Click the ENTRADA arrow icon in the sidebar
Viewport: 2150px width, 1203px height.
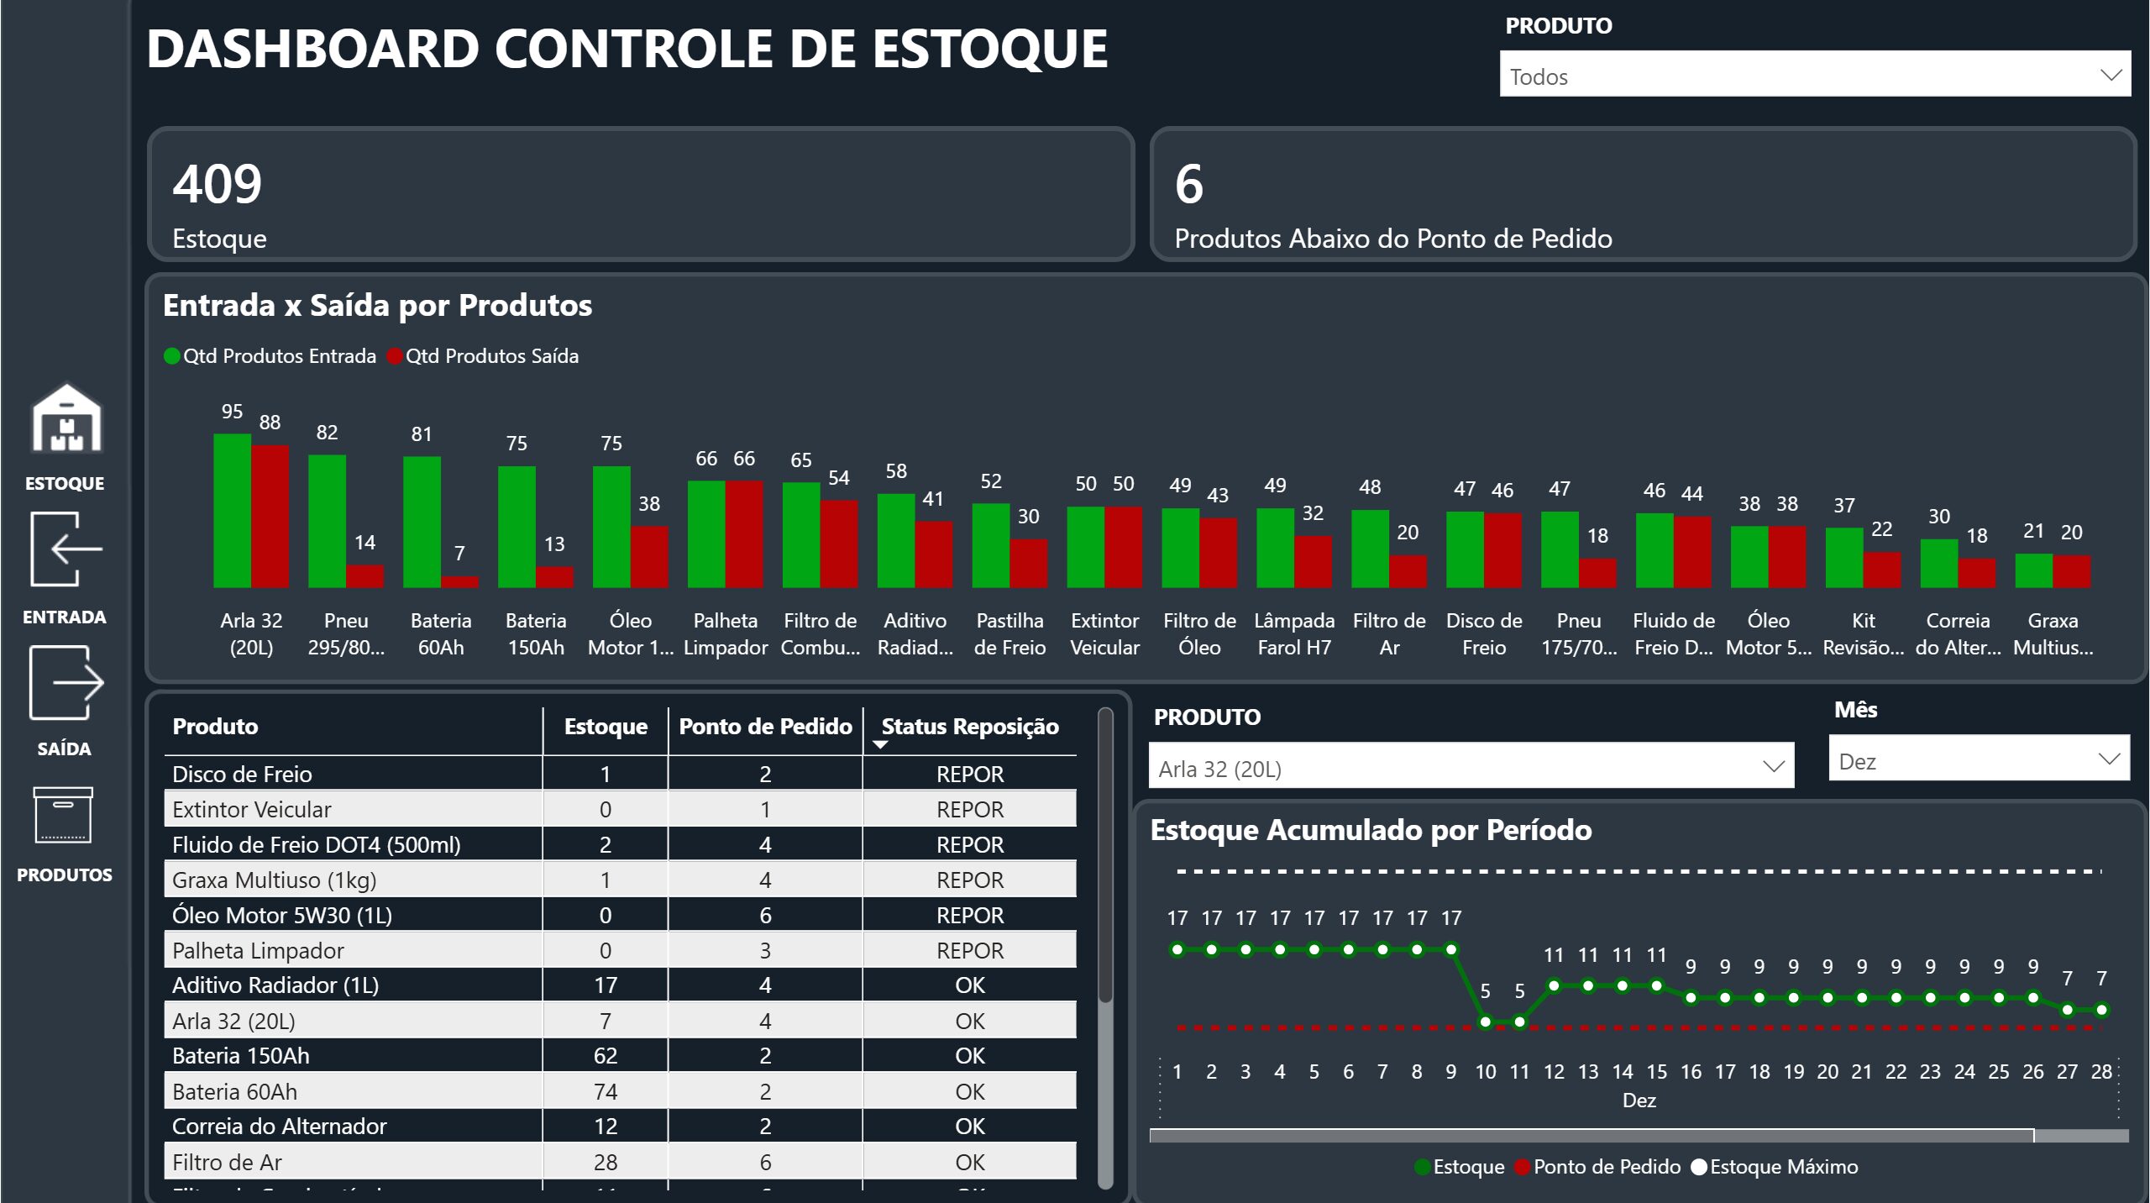(x=66, y=549)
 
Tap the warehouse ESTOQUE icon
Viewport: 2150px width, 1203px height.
(x=66, y=419)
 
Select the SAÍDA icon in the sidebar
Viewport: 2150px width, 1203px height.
(x=66, y=682)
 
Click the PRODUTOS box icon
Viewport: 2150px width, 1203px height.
(x=63, y=815)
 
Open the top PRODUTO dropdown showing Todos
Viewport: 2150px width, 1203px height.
(x=1814, y=76)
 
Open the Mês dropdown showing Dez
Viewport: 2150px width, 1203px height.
(x=1978, y=760)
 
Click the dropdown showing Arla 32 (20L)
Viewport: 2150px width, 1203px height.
(x=1471, y=768)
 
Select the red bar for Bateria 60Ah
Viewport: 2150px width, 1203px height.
(x=459, y=581)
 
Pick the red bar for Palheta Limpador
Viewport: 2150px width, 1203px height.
(x=744, y=534)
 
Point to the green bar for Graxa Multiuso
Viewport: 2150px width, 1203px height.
(x=2033, y=571)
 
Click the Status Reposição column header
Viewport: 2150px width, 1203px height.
(x=969, y=727)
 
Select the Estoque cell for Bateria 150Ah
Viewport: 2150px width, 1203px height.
(x=605, y=1056)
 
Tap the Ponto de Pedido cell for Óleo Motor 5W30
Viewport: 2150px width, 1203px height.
(x=764, y=915)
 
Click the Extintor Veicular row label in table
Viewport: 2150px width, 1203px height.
(x=252, y=810)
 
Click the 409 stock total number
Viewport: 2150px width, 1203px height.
(x=218, y=184)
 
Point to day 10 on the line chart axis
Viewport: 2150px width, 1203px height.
(x=1485, y=1072)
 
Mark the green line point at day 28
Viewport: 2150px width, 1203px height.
(x=2101, y=1010)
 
